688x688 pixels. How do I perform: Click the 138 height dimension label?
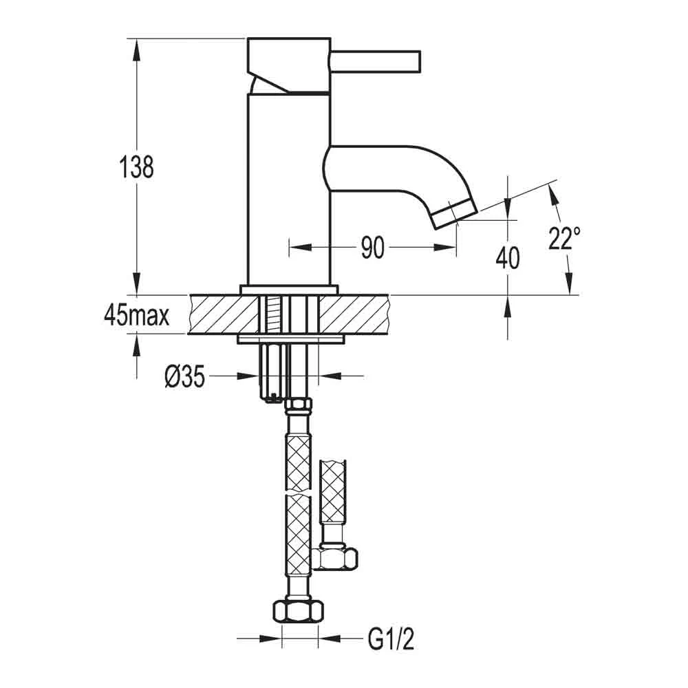tap(137, 166)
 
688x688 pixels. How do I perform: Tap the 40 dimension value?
tap(508, 258)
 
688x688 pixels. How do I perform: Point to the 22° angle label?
tap(565, 239)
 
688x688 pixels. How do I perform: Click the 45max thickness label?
tap(136, 316)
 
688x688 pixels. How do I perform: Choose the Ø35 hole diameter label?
tap(185, 376)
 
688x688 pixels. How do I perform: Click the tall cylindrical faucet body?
tap(289, 193)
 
